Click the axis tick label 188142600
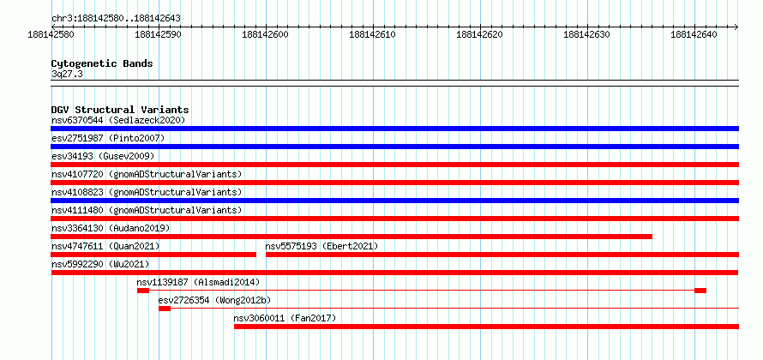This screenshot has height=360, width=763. (x=265, y=34)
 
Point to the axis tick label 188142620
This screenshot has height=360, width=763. (x=479, y=34)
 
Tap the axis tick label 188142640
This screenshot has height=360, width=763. (x=694, y=34)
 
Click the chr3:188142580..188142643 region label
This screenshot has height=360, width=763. (x=116, y=19)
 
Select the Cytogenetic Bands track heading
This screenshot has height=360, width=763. (x=102, y=63)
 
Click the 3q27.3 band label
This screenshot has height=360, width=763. (x=67, y=74)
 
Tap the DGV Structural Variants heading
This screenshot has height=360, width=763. (x=120, y=110)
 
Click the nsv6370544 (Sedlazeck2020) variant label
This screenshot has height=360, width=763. (x=118, y=120)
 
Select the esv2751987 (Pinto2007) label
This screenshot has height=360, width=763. (x=108, y=138)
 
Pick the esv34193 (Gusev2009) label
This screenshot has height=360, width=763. (x=103, y=156)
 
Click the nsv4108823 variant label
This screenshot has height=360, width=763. (x=77, y=192)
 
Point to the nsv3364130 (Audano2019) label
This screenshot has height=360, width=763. (x=111, y=228)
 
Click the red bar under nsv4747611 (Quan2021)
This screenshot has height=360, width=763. (x=153, y=255)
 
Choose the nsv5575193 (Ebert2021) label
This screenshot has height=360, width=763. (x=321, y=246)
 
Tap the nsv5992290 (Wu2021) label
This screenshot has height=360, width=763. (x=100, y=264)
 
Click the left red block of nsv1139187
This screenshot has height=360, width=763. (x=143, y=291)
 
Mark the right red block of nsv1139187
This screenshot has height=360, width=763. (x=700, y=291)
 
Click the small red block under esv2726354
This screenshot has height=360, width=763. (x=165, y=309)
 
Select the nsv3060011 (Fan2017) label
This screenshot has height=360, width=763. (x=285, y=318)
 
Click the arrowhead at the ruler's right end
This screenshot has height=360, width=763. (x=736, y=27)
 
